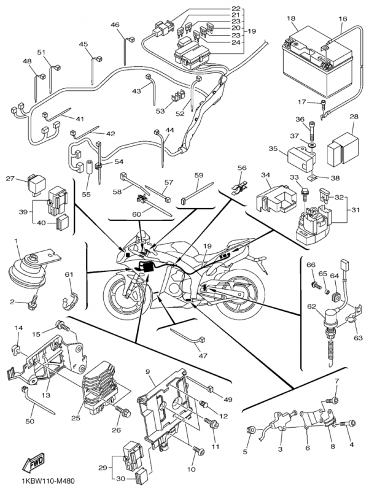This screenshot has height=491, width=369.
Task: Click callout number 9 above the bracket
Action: [147, 372]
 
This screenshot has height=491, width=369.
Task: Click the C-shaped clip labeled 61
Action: [71, 298]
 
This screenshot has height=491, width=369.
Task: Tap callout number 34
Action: [266, 176]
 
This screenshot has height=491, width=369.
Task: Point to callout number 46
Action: [115, 25]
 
